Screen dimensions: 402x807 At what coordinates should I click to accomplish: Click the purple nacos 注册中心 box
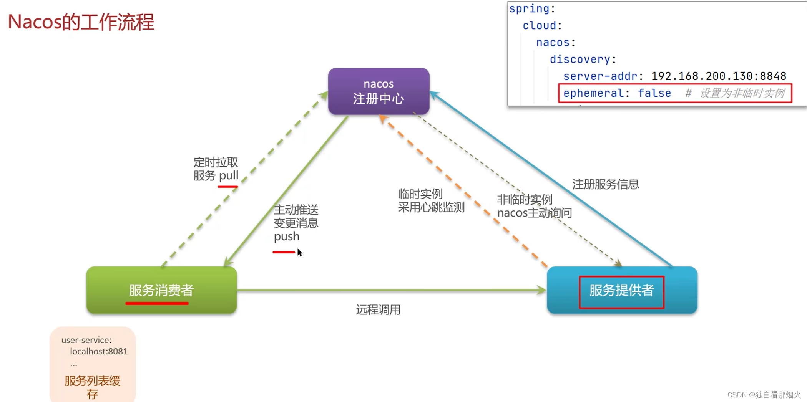(x=379, y=91)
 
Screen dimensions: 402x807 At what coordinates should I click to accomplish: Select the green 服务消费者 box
(x=161, y=290)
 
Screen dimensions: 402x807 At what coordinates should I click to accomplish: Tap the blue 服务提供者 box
(x=621, y=290)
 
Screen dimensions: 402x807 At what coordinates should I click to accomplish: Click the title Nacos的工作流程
(x=81, y=22)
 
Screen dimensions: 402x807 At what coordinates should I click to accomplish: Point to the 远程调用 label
(x=378, y=310)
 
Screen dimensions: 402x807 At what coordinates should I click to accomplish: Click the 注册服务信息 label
(x=606, y=184)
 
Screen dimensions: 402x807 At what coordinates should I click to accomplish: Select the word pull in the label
(x=229, y=175)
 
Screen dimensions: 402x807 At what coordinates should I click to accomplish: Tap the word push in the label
(x=286, y=237)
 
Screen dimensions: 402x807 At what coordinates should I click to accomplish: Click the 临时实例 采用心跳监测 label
(x=431, y=200)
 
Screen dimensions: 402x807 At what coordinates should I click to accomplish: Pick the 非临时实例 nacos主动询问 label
(x=534, y=206)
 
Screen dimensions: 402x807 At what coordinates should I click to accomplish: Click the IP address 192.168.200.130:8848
(x=719, y=76)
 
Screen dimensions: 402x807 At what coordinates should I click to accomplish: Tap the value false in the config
(x=654, y=93)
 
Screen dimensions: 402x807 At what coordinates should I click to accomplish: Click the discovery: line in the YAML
(x=583, y=59)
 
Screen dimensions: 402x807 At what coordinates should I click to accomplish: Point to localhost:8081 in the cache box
(x=98, y=351)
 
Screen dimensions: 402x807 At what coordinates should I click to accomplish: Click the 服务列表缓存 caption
(x=93, y=387)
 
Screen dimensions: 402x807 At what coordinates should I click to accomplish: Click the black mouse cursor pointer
(x=299, y=252)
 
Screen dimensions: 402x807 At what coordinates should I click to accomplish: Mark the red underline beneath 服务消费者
(x=157, y=304)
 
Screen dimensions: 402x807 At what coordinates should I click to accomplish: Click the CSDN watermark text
(x=764, y=395)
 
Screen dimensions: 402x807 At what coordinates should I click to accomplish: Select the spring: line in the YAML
(x=532, y=8)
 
